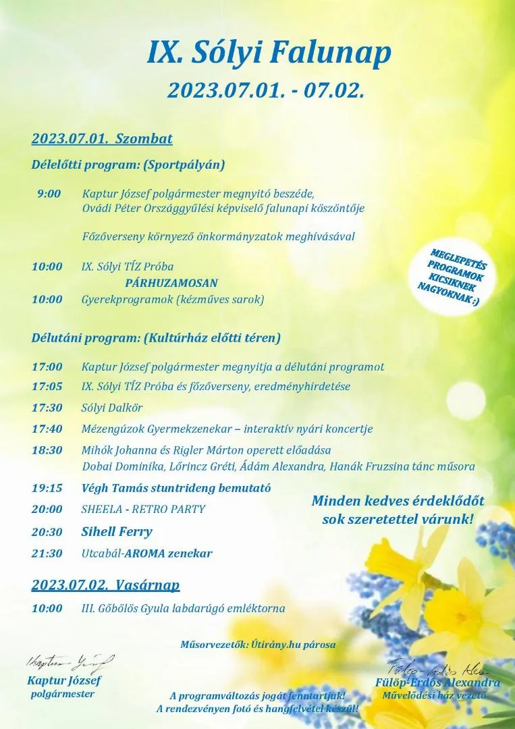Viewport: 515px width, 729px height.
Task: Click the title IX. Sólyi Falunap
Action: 269,54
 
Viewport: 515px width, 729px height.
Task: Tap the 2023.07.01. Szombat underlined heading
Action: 102,139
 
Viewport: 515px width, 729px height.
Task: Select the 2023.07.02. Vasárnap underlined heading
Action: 105,585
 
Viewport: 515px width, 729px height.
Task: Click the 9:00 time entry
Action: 49,194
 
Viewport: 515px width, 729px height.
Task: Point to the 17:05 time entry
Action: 47,387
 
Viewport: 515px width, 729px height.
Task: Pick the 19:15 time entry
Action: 47,488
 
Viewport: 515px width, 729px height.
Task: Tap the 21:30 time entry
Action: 47,553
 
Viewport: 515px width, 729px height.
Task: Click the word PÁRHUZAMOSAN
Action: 171,283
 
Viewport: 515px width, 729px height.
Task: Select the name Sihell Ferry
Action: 117,531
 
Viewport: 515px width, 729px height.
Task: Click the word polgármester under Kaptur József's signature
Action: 63,694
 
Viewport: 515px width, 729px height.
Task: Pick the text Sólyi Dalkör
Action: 112,408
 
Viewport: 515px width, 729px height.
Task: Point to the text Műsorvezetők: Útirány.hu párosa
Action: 258,645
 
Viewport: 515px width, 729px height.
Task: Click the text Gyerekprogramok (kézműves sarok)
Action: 172,299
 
